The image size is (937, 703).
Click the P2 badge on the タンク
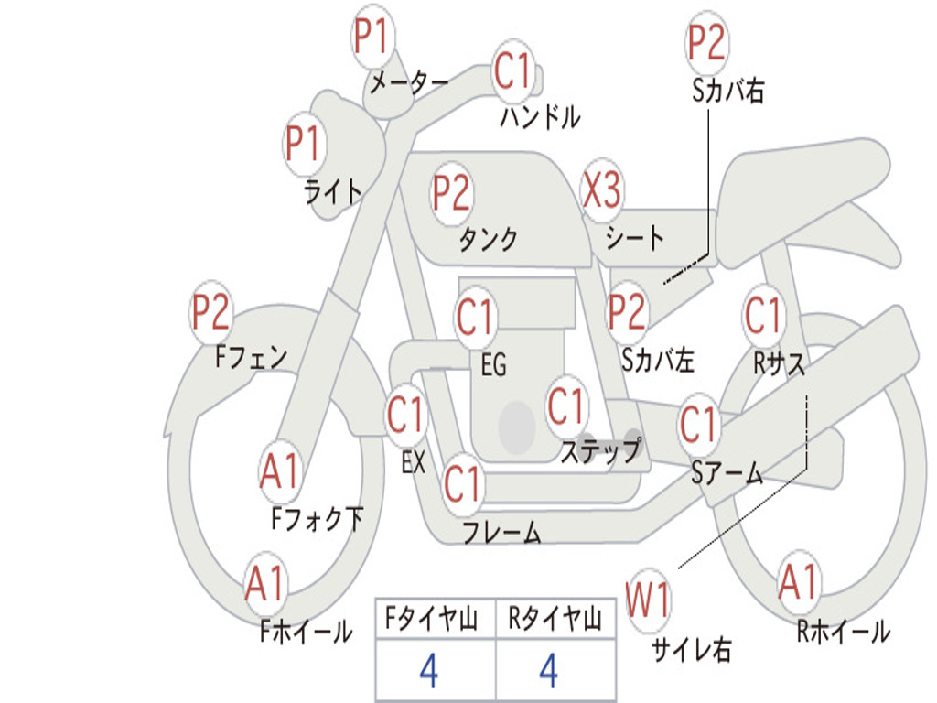click(451, 193)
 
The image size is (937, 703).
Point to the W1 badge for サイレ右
click(648, 601)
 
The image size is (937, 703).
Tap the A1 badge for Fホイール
click(265, 583)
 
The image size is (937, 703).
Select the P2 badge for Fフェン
click(210, 314)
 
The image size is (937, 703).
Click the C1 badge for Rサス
click(763, 316)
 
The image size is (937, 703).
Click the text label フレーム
click(501, 532)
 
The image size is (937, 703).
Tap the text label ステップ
click(600, 451)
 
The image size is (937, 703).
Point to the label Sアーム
click(727, 472)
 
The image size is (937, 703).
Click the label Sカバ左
click(658, 360)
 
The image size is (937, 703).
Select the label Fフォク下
click(317, 520)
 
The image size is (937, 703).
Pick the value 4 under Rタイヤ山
click(548, 672)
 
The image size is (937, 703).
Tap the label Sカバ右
click(727, 91)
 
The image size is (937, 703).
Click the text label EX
click(414, 462)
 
